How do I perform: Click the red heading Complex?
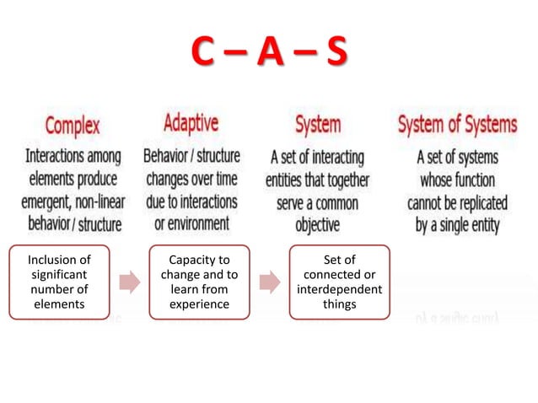click(x=72, y=126)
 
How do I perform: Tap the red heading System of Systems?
click(x=457, y=125)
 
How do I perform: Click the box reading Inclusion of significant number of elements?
click(x=59, y=282)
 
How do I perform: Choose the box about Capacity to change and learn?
click(x=199, y=282)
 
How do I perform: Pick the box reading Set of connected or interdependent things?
click(x=339, y=282)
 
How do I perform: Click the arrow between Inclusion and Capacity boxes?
click(x=129, y=282)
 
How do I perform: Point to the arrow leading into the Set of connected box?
click(x=269, y=282)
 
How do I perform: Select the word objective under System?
click(x=317, y=225)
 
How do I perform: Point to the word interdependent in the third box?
click(x=339, y=289)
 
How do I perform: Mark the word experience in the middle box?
click(x=199, y=304)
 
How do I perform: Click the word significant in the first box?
click(x=59, y=274)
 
